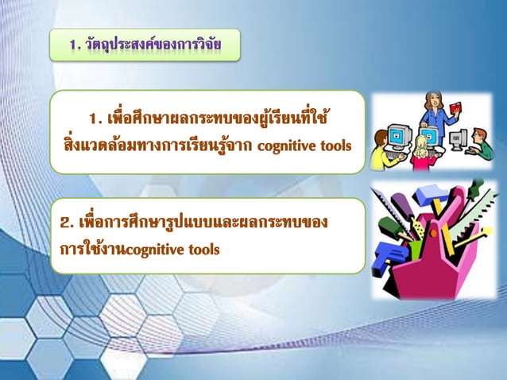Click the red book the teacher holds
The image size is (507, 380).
455,107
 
